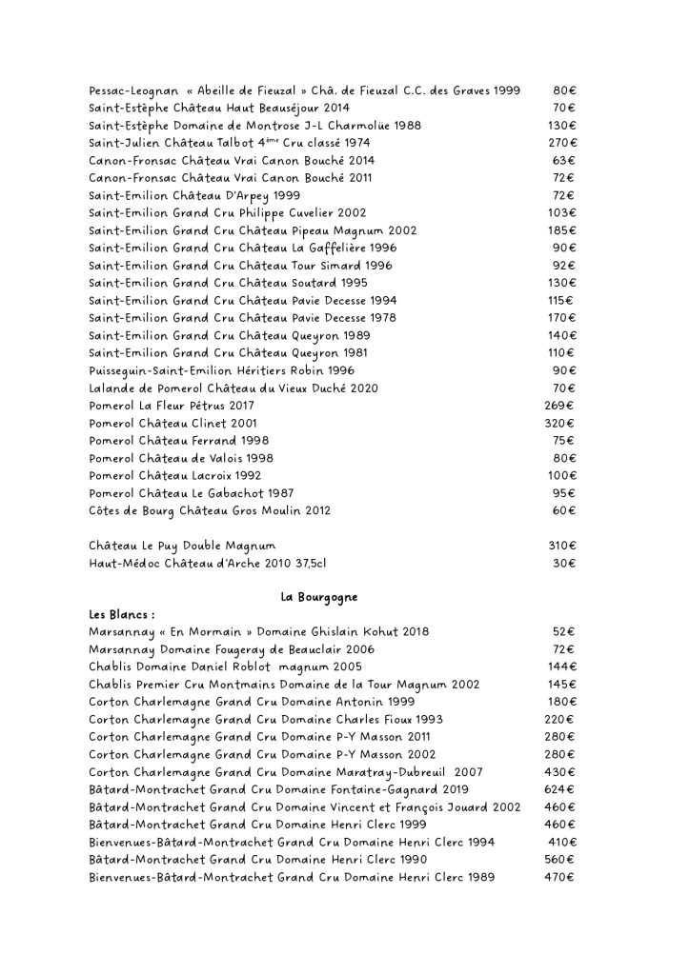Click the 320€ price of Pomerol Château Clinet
point(559,423)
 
